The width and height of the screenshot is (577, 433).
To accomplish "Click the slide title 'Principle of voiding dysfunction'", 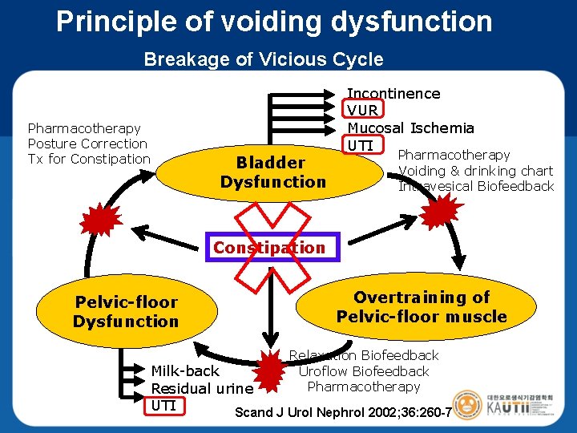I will click(x=274, y=22).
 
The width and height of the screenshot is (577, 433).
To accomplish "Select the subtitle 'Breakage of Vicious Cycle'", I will click(x=263, y=59).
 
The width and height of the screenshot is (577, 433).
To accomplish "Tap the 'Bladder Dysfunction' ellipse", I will click(x=273, y=172).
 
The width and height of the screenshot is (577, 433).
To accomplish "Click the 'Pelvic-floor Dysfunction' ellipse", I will click(x=127, y=311).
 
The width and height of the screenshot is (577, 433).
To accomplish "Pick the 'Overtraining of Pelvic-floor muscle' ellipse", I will click(x=422, y=306).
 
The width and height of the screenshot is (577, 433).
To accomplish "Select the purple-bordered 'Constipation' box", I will click(x=269, y=248).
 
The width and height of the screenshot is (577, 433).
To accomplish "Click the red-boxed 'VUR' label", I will click(x=363, y=110).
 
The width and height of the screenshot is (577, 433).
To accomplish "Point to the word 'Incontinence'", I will click(x=393, y=93).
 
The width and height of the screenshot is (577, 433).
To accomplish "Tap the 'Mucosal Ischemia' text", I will click(x=410, y=127).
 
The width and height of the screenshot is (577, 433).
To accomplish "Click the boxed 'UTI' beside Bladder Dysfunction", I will click(x=361, y=144).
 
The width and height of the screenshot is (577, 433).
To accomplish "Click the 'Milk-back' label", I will click(x=185, y=371).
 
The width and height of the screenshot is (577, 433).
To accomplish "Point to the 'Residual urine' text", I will click(x=202, y=388).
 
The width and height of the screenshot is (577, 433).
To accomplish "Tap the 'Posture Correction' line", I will click(x=87, y=144).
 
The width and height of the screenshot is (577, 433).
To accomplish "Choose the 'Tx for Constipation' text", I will click(x=89, y=159).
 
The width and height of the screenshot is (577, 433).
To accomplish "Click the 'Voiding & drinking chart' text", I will click(x=476, y=170).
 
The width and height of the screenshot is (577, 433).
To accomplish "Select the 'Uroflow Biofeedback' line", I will click(x=364, y=371).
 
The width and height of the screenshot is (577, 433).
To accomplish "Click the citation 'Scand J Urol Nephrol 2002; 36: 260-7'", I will click(x=343, y=413).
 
